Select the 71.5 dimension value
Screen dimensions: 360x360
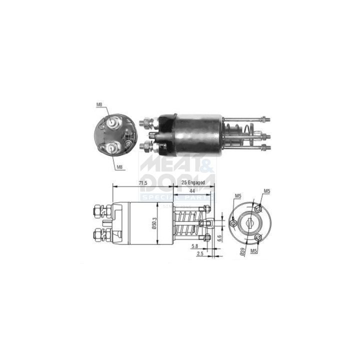142,183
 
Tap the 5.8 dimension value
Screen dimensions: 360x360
193,246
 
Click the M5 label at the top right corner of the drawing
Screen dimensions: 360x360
267,191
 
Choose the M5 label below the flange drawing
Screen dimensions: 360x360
254,249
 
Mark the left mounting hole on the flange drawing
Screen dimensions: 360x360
233,223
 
